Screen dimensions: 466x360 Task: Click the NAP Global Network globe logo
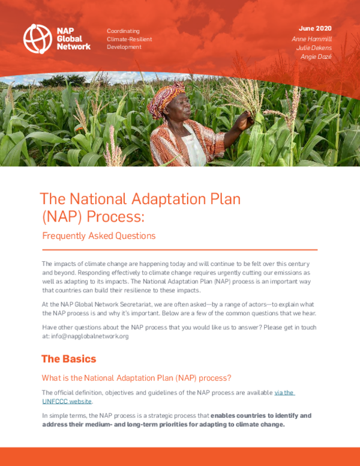[x=37, y=37]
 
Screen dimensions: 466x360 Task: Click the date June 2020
[x=315, y=28]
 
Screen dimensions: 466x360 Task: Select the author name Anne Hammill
[x=311, y=38]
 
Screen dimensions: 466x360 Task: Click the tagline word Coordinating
[x=123, y=31]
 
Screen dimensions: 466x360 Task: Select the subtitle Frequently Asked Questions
[x=99, y=235]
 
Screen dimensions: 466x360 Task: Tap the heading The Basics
[x=68, y=359]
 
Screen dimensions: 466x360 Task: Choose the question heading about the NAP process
[x=136, y=378]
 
